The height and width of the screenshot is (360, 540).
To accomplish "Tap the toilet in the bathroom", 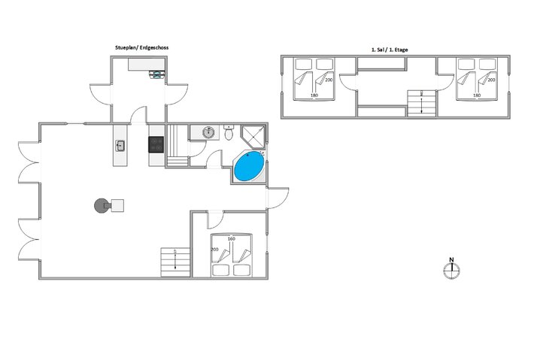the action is pos(229,132).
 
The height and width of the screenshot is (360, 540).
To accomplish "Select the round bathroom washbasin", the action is pos(208,132).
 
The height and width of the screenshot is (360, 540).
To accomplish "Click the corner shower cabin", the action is pos(253,137).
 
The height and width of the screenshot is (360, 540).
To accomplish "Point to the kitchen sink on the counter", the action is pos(120,146).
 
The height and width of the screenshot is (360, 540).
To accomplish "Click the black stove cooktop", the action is pos(156,144).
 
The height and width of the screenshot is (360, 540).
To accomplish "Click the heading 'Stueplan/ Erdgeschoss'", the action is pos(142,48).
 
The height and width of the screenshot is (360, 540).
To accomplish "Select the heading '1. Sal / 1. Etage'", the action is pos(390,50).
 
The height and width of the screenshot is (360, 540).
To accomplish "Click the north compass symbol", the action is pos(451,269).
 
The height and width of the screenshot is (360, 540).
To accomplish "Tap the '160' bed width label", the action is pos(232,238).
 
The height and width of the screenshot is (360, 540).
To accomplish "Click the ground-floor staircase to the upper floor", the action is pos(176,262).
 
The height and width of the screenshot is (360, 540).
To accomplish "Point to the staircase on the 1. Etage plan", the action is pos(422,103).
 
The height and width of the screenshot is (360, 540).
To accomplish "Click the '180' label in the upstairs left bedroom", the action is pos(314,95).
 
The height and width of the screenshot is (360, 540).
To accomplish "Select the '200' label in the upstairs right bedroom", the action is pos(491,80).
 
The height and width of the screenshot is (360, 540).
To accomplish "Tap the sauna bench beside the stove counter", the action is pos(177,146).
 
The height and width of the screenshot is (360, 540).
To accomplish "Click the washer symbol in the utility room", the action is pos(157,74).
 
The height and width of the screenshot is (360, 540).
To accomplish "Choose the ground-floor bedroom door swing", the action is pos(215,221).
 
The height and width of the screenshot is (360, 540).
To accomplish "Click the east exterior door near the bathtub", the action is pos(278,198).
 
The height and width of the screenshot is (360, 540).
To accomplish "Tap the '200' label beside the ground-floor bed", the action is pos(214,250).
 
